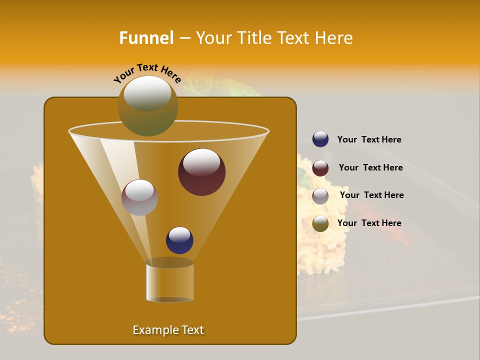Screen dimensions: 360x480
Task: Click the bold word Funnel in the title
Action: [x=146, y=37]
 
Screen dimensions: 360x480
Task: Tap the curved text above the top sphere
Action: [x=147, y=72]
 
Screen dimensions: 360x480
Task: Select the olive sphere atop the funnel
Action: [x=147, y=106]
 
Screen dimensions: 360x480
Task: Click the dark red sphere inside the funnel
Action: [x=201, y=172]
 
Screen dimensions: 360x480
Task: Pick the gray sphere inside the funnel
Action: [x=139, y=197]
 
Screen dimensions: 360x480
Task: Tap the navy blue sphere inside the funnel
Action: [x=179, y=240]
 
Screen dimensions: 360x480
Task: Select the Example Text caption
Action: [x=168, y=330]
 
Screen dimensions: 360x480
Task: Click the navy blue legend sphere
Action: [x=320, y=139]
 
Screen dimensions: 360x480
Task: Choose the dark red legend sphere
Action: [x=320, y=168]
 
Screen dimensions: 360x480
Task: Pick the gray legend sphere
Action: [x=320, y=196]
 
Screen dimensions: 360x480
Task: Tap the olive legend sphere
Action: [x=320, y=223]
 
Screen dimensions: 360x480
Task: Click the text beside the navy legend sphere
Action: [x=369, y=139]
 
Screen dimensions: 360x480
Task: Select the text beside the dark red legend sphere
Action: [x=370, y=167]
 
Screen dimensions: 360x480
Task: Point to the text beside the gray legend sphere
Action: [x=371, y=195]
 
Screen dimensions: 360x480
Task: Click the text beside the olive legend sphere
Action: [x=369, y=223]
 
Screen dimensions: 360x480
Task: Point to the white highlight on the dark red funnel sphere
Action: [x=202, y=162]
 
